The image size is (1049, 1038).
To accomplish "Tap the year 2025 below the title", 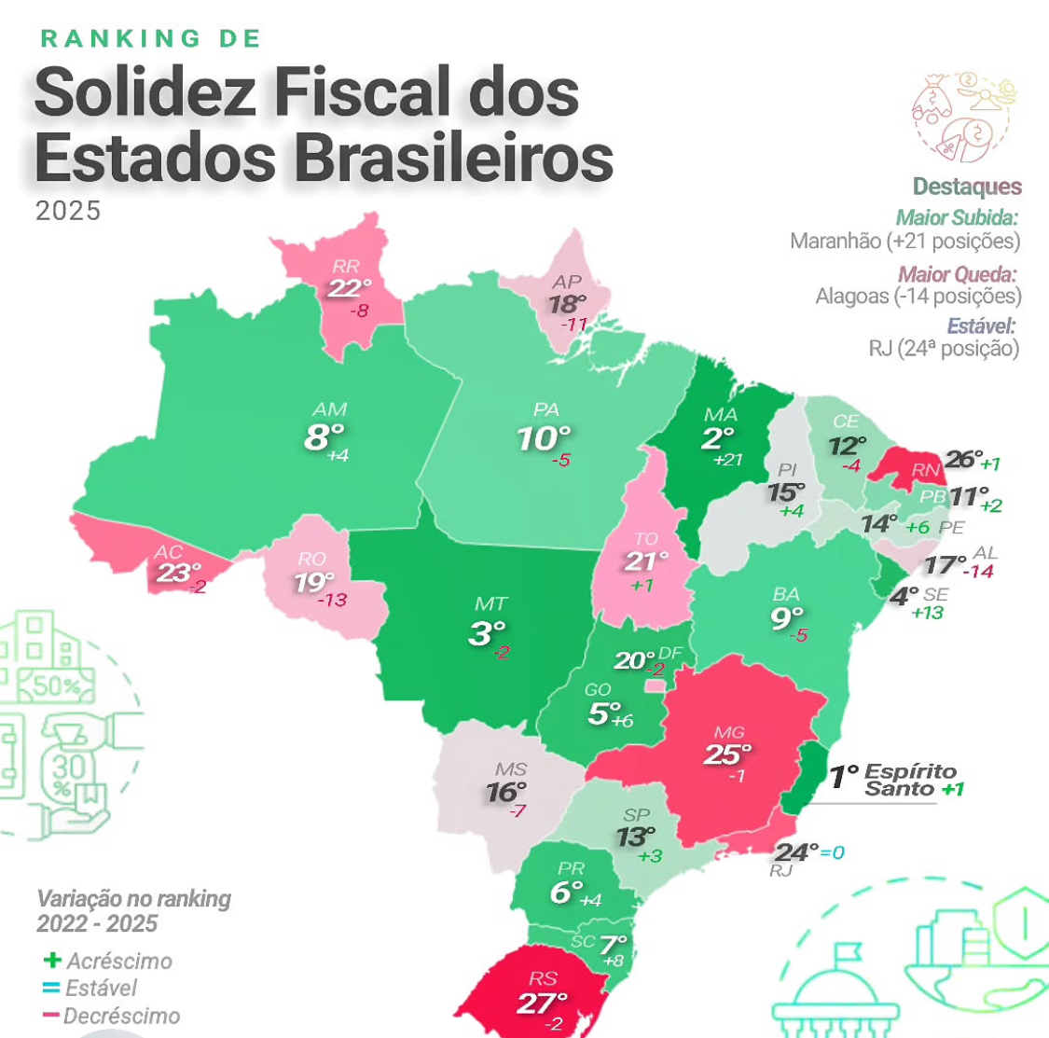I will [68, 211].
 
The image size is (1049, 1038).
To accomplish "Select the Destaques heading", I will [967, 187].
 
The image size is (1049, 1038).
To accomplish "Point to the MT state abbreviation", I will [490, 603].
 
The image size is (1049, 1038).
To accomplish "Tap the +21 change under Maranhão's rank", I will [727, 460].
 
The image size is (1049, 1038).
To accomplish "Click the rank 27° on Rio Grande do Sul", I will [542, 1003].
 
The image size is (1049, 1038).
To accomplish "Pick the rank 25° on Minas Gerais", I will [726, 754].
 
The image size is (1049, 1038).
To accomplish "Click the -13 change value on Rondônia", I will [332, 600].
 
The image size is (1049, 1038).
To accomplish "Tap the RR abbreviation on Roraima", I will [345, 267].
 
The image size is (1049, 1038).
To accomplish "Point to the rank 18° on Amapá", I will [567, 304].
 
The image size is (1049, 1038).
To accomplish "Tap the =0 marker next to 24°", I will [832, 852].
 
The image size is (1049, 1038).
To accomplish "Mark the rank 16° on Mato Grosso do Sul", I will [506, 793].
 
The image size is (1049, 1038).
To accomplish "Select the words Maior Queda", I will [957, 274].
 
